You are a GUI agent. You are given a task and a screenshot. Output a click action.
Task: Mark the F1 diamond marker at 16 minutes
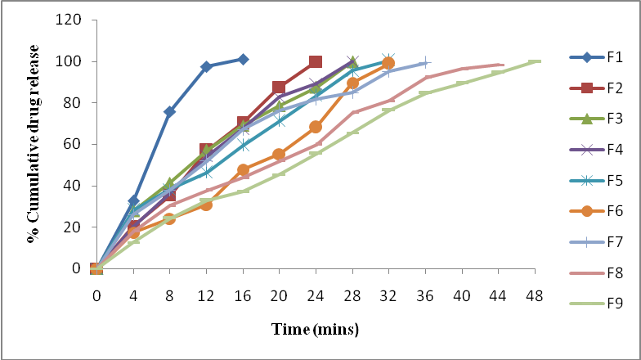coord(243,59)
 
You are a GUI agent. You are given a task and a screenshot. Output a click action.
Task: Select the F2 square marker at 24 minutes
coord(316,62)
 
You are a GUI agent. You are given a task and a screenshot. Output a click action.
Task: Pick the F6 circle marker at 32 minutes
coord(388,63)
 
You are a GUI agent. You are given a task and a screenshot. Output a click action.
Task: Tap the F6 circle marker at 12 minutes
coord(206,205)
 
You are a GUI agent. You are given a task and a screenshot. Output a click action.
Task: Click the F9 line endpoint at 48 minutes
coord(536,61)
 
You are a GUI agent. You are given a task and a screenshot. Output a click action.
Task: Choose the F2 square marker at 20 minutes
coord(279,88)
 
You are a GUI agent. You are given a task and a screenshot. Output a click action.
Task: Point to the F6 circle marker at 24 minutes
coord(316,127)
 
